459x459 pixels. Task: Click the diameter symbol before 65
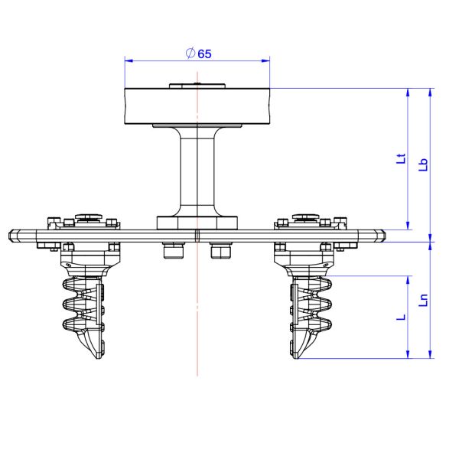click(x=190, y=54)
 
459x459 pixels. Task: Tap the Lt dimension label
click(x=399, y=160)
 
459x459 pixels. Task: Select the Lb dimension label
click(x=422, y=164)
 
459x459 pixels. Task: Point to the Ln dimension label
click(x=422, y=298)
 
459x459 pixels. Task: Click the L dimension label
click(x=400, y=315)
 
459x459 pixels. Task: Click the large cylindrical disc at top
click(x=197, y=106)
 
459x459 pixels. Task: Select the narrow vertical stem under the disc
click(x=197, y=172)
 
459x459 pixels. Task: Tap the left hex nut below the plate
click(x=174, y=250)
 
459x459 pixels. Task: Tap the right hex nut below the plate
click(x=220, y=250)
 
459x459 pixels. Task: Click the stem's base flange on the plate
click(x=197, y=223)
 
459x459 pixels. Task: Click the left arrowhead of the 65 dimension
click(x=128, y=60)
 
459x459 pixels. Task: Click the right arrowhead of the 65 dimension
click(x=267, y=60)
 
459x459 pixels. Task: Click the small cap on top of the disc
click(x=197, y=86)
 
